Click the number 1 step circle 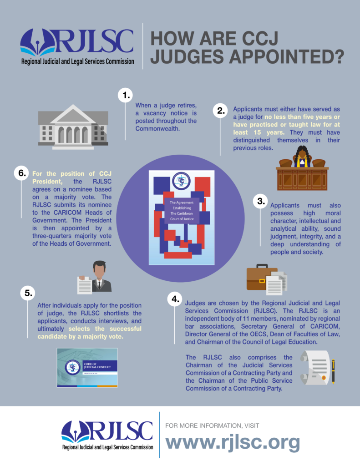124,95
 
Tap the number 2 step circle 221,110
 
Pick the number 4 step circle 175,299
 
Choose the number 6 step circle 21,173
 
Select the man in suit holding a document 97,278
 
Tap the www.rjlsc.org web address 232,442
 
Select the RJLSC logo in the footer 107,435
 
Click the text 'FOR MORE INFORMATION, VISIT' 212,425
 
